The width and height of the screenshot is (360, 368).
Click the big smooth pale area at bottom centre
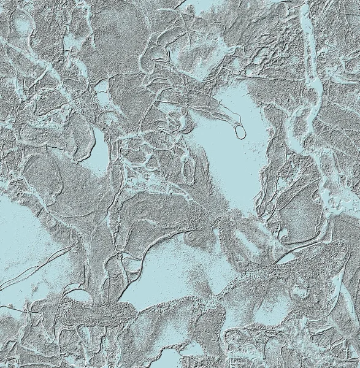click(166, 270)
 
